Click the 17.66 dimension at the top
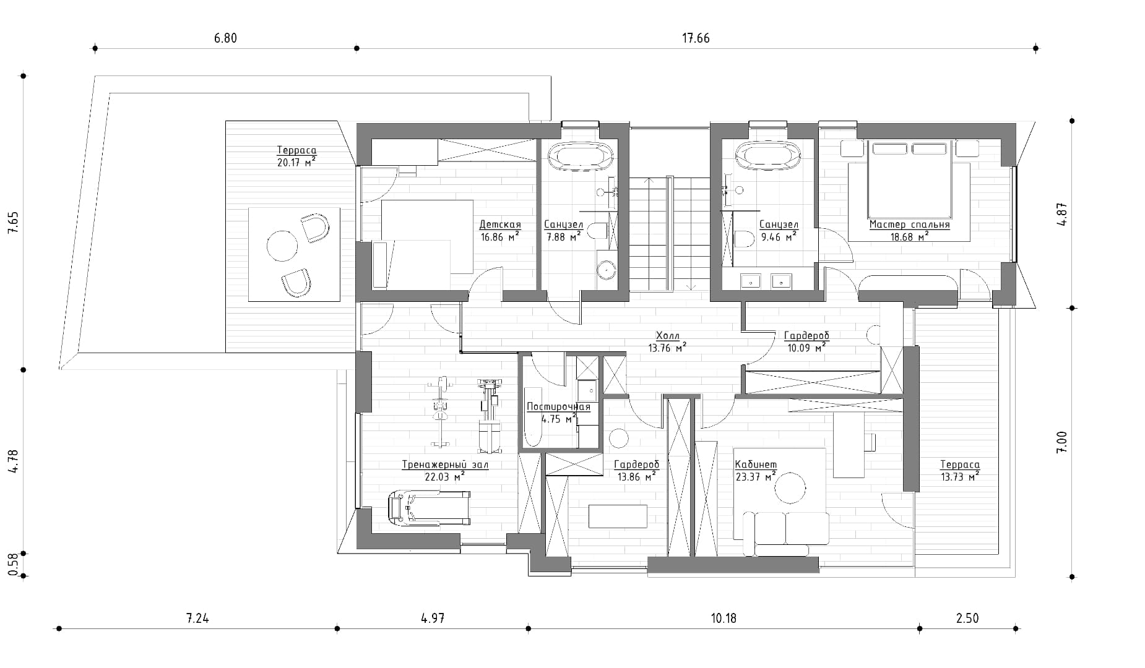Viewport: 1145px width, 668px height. coord(696,38)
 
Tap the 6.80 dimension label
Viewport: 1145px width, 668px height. coord(225,38)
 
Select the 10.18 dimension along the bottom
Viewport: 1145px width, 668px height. coord(724,618)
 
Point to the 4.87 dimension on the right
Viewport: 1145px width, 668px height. coord(1062,215)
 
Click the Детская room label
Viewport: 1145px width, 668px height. coord(500,225)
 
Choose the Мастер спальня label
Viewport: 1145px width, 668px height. coord(909,225)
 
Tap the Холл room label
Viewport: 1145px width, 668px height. coord(667,336)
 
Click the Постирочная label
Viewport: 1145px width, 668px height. coord(558,407)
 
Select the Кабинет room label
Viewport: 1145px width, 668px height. coord(756,465)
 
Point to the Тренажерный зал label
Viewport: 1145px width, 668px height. coord(445,465)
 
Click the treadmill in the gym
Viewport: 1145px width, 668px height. coord(428,508)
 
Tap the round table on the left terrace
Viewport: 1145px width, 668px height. coord(282,246)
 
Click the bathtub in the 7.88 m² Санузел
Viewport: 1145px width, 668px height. coord(581,155)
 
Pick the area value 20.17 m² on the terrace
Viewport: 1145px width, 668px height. coord(297,163)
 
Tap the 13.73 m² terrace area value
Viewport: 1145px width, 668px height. coord(959,476)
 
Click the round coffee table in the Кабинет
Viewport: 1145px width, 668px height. coord(792,488)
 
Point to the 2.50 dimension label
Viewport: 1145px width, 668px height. coord(967,618)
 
